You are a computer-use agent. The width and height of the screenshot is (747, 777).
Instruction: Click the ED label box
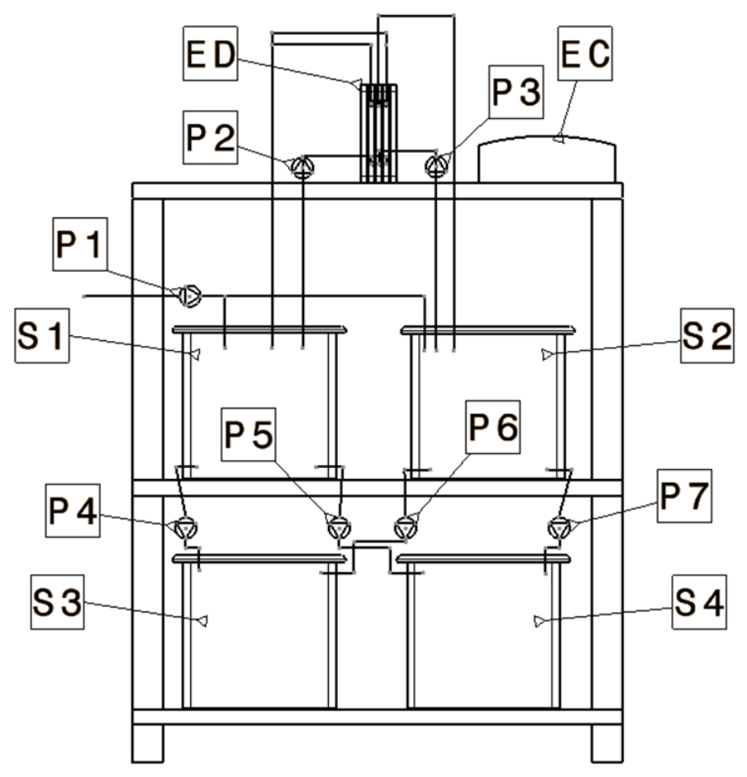pos(211,54)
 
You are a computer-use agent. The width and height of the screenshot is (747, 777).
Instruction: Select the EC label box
pos(585,54)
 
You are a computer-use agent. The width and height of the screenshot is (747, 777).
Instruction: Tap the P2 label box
pos(211,137)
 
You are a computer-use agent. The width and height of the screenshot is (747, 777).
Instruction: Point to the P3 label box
pos(516,92)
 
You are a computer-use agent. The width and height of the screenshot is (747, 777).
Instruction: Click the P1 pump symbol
pos(190,296)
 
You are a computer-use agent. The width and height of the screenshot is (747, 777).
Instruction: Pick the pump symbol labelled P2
pos(302,167)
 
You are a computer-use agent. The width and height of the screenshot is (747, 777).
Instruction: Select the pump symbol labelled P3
pos(436,166)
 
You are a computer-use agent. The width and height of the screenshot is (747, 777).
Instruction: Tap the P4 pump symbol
pos(186,528)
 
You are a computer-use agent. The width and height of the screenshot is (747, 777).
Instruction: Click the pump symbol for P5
pos(340,528)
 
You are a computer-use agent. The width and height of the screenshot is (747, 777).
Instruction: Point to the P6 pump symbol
pos(406,528)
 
